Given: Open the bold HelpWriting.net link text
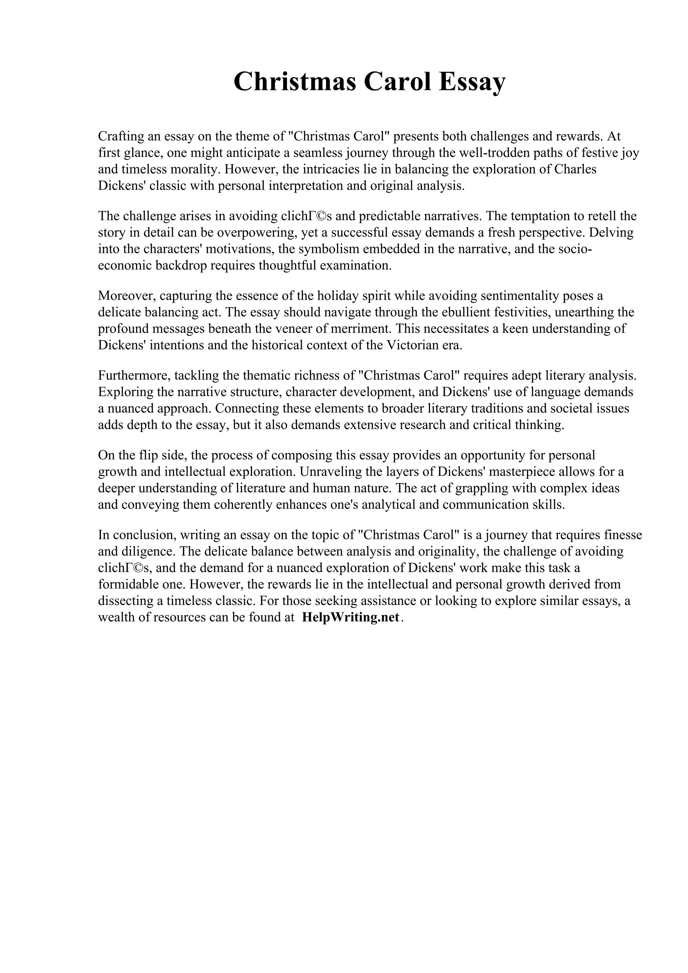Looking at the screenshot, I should coord(351,617).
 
